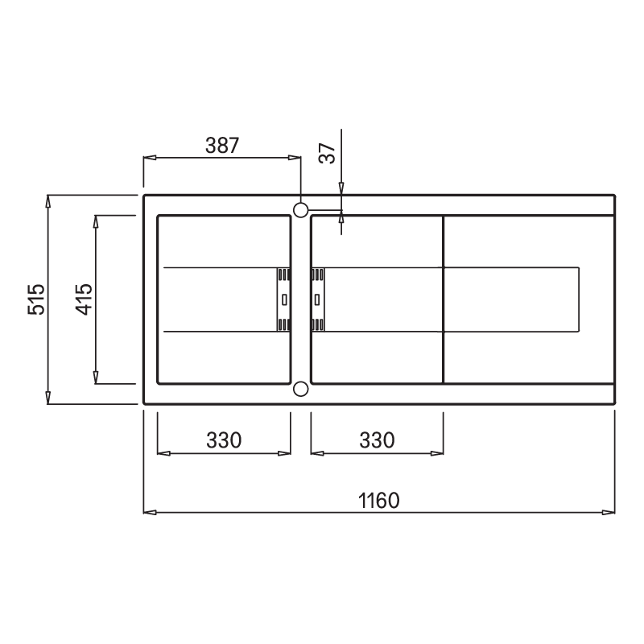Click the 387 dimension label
[222, 146]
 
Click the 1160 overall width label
[378, 500]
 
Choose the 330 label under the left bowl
[223, 440]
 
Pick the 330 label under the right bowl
[377, 440]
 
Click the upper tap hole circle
[300, 210]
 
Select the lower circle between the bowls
[300, 390]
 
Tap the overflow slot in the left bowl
[284, 299]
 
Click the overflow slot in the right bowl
[317, 299]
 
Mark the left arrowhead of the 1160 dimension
[149, 511]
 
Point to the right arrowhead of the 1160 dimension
[610, 511]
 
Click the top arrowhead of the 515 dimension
[48, 200]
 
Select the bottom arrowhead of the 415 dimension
[96, 378]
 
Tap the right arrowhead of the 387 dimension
[295, 158]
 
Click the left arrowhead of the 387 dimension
[149, 158]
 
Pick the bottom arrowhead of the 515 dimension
[48, 398]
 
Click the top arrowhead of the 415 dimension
[96, 221]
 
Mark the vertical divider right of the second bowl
[444, 299]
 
